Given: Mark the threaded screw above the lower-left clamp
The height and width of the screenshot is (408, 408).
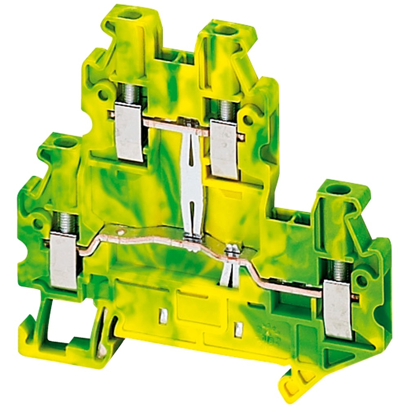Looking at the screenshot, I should point(64,223).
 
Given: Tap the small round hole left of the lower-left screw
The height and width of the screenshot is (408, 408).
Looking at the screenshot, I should point(37,223).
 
